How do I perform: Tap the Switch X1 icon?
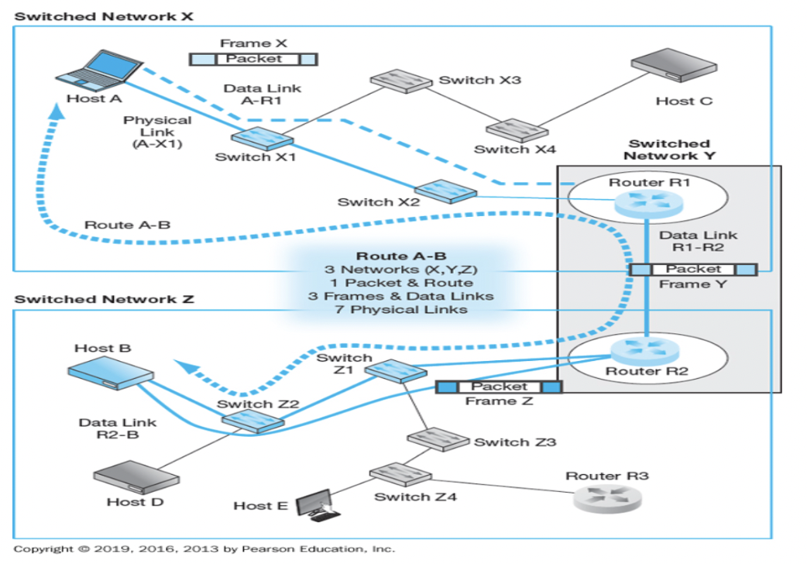[263, 137]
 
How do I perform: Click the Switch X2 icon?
[445, 191]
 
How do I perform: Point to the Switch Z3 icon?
[438, 439]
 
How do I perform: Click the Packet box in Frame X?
[254, 59]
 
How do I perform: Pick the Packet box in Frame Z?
[499, 386]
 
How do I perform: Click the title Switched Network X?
[105, 15]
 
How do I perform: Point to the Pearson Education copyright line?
[204, 549]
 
